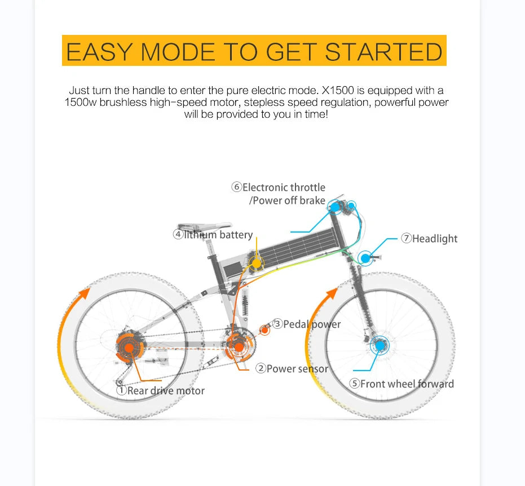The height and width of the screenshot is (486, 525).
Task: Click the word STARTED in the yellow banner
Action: coord(383,52)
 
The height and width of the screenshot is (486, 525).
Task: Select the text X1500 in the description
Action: coord(337,90)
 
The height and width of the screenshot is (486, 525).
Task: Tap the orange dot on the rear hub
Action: coord(129,348)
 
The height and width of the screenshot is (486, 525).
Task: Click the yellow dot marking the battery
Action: coord(256,263)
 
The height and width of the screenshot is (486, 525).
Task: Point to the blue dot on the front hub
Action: coord(380,345)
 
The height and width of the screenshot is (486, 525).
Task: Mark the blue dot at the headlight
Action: coord(365,258)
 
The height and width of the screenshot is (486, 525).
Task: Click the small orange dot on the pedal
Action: coord(264,330)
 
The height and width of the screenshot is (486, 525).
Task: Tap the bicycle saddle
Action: coord(204,226)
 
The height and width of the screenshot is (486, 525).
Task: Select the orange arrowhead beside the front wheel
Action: coord(332,293)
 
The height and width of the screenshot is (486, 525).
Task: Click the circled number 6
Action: coord(236,187)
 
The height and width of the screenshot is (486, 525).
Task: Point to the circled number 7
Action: coord(406,238)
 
